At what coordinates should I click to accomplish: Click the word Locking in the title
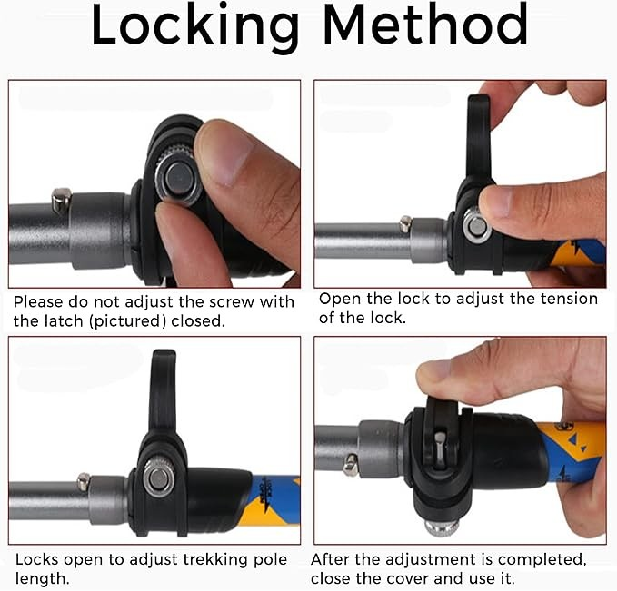[195, 26]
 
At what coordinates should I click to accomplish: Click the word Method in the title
[425, 25]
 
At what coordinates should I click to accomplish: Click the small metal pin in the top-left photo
[62, 200]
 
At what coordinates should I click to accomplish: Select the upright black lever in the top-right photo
[478, 138]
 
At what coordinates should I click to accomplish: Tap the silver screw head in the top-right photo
[476, 226]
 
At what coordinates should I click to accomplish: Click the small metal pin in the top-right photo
[405, 223]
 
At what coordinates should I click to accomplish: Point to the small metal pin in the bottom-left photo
[84, 482]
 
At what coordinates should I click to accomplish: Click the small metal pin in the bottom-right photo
[351, 465]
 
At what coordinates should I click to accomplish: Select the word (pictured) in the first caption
[127, 321]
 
